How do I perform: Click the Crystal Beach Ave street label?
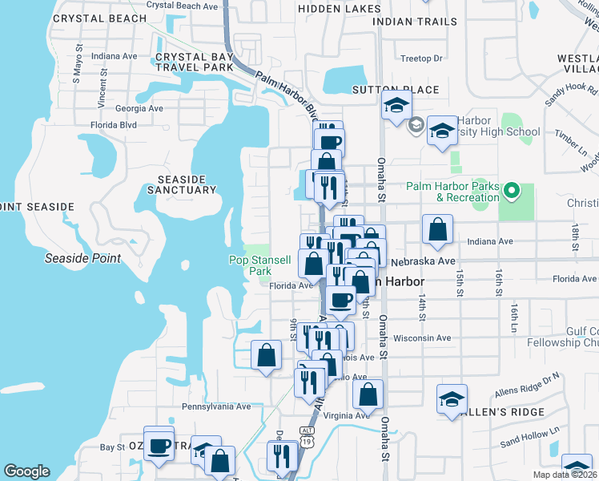(x=183, y=6)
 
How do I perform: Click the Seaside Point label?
(x=82, y=258)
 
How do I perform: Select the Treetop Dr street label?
(x=421, y=59)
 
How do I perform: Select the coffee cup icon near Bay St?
(x=159, y=445)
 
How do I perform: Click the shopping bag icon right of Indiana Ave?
(x=437, y=229)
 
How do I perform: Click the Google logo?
(x=26, y=471)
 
